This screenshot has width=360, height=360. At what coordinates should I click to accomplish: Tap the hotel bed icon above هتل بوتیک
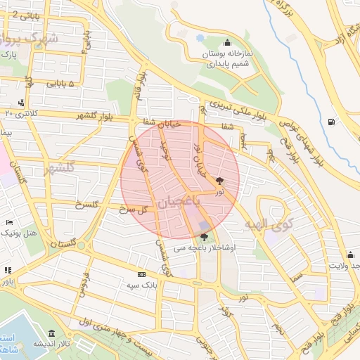point(9,222)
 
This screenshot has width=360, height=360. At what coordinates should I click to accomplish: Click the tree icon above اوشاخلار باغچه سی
point(204,237)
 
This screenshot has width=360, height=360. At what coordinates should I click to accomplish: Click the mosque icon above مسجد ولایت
point(349,254)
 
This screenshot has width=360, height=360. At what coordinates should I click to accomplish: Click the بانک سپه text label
point(141,285)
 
